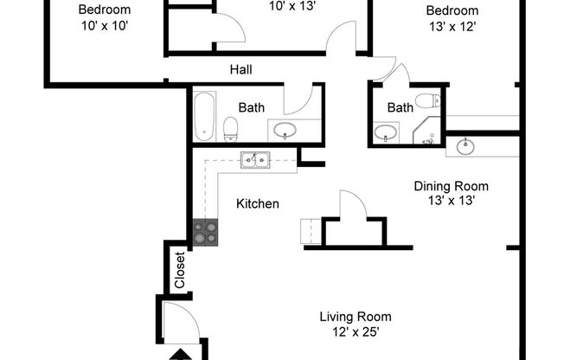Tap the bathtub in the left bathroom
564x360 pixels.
(x=204, y=117)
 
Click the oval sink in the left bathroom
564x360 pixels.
(x=285, y=131)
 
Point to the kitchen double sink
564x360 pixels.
(x=254, y=159)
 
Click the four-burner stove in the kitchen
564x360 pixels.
(x=205, y=232)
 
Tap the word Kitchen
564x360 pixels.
(x=258, y=204)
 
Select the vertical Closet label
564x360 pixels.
(x=180, y=268)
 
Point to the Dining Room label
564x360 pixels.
(x=451, y=186)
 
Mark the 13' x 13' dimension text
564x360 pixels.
(x=451, y=200)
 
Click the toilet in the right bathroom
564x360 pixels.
(x=426, y=100)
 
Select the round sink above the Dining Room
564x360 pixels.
(x=466, y=145)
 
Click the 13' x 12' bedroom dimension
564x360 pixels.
(x=451, y=25)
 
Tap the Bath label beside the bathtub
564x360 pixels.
(x=252, y=108)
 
